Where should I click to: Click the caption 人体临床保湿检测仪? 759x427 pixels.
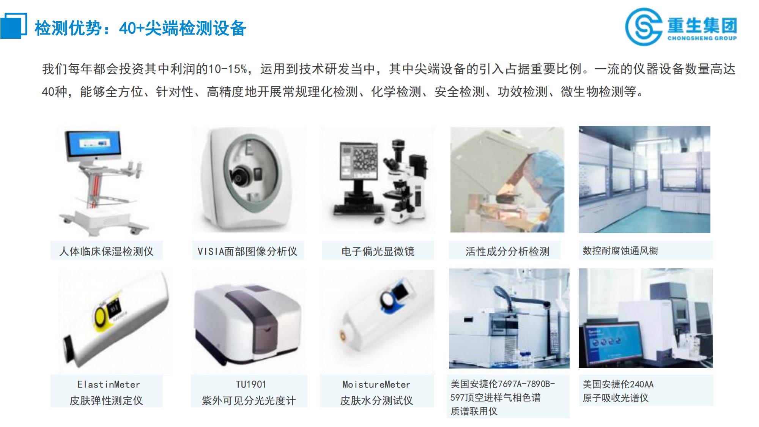tap(106, 251)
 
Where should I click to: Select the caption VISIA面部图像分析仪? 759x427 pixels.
tap(247, 251)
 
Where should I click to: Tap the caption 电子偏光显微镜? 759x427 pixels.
tap(378, 251)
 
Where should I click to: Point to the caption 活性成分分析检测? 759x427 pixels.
tap(507, 251)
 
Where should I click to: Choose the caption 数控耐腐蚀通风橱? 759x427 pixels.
tap(620, 251)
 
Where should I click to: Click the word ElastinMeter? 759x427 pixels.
tap(109, 384)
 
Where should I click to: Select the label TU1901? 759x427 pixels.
tap(250, 384)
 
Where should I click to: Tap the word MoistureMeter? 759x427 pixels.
tap(376, 384)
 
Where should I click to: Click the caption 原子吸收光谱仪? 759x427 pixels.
tap(616, 398)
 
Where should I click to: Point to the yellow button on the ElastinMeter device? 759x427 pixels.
tap(101, 315)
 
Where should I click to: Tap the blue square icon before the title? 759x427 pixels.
tap(13, 26)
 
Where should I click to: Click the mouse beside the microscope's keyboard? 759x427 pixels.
tap(379, 220)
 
